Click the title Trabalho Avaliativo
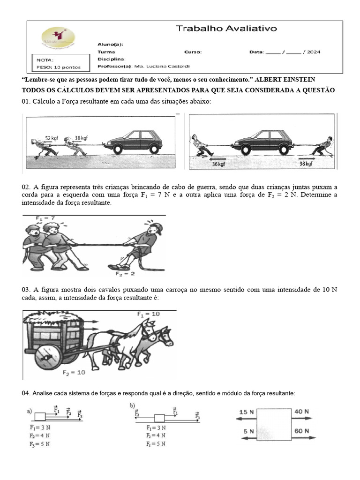click(x=226, y=29)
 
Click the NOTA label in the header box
click(x=45, y=60)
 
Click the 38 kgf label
click(x=81, y=138)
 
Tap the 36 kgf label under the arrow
click(x=218, y=164)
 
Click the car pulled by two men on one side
click(x=133, y=142)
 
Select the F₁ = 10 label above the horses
click(x=148, y=314)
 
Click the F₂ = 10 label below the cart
click(x=74, y=373)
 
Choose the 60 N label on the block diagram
click(x=302, y=430)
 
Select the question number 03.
click(x=26, y=290)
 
